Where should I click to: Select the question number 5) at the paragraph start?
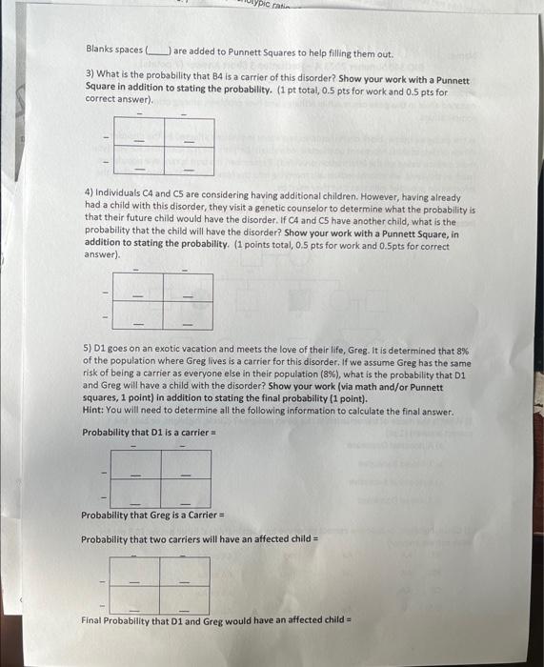89,351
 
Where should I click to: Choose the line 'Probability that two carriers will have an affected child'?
199,538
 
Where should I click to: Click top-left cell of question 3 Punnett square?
139,132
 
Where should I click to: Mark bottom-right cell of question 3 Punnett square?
189,161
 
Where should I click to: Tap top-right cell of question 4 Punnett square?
187,287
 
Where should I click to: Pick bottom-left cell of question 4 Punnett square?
138,314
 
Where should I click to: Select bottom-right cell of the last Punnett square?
184,598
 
